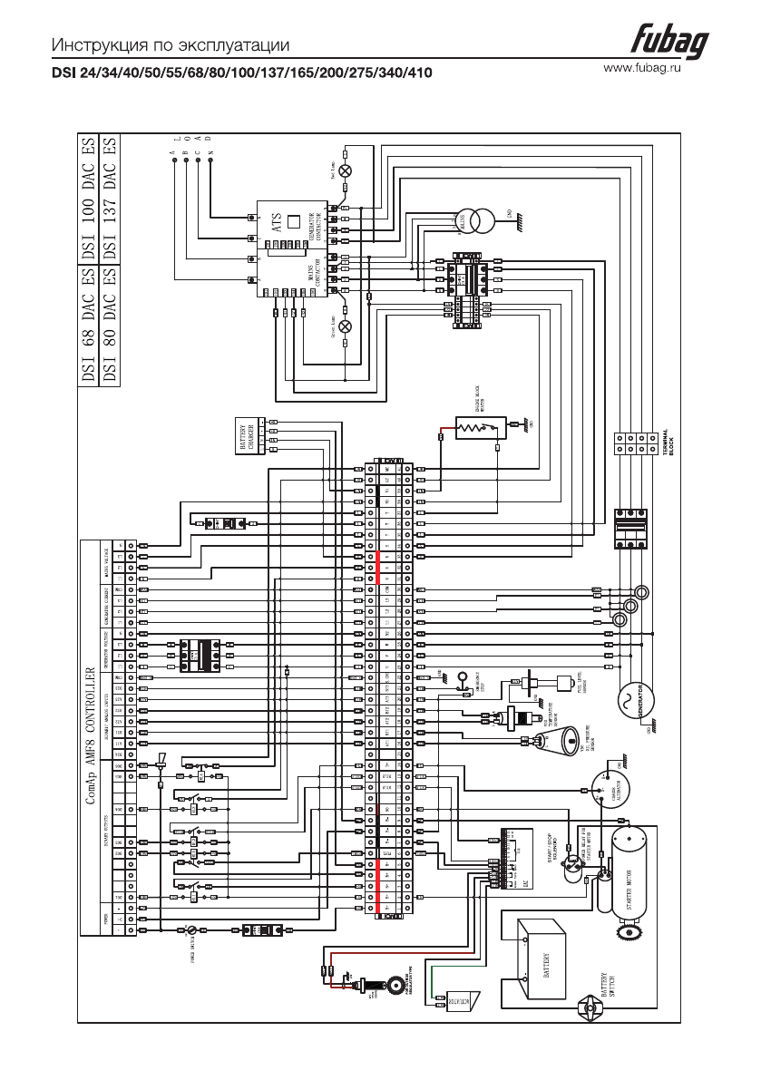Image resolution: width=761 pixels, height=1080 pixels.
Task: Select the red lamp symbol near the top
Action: point(345,170)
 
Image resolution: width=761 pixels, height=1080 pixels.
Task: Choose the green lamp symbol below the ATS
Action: point(345,325)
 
